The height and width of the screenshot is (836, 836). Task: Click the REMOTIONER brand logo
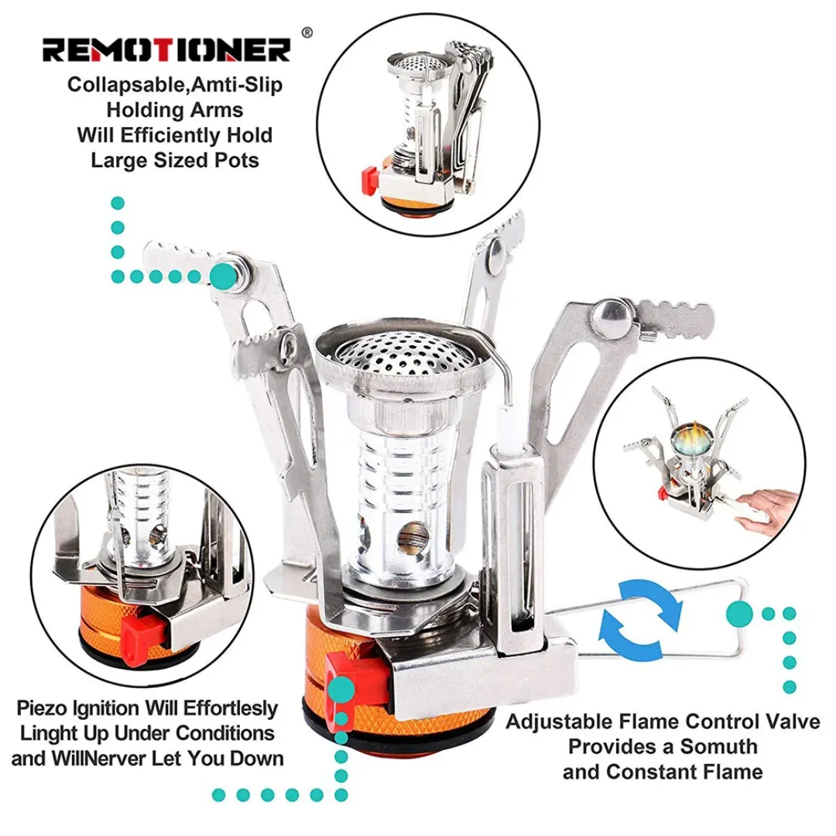click(x=166, y=50)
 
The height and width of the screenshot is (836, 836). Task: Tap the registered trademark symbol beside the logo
click(x=307, y=33)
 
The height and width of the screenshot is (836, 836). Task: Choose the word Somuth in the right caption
click(x=718, y=747)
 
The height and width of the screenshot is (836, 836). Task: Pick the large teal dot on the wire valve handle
click(x=739, y=612)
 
